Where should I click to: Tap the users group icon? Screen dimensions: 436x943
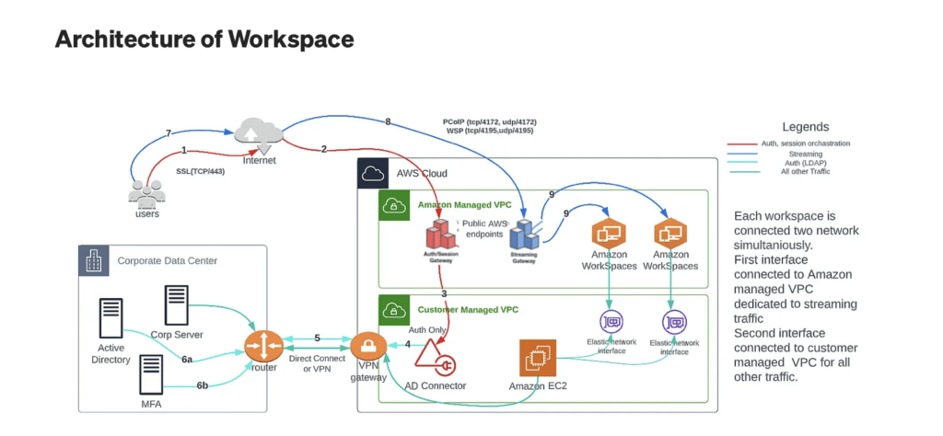pyautogui.click(x=146, y=192)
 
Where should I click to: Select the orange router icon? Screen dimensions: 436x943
pyautogui.click(x=262, y=347)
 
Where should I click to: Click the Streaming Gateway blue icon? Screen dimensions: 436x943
pyautogui.click(x=525, y=236)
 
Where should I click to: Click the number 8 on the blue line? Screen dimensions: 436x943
pyautogui.click(x=388, y=122)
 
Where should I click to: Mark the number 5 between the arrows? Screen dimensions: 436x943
pyautogui.click(x=317, y=338)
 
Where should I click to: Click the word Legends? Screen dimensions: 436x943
pyautogui.click(x=805, y=127)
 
